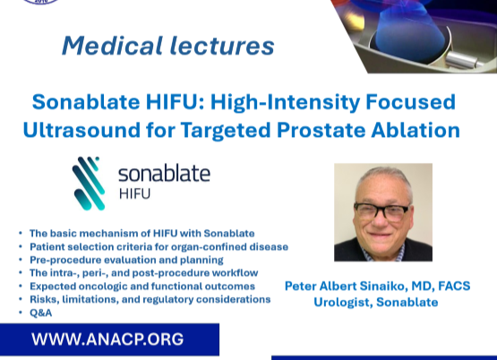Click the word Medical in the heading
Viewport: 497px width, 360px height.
coord(113,46)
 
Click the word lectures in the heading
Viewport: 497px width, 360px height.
coord(222,46)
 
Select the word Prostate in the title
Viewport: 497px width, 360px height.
coord(321,130)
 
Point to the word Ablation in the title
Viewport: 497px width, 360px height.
coord(416,130)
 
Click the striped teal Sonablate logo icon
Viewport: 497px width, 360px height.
coord(89,184)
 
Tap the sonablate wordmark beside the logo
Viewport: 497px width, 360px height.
coord(164,174)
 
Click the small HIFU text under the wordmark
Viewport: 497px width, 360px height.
coord(134,193)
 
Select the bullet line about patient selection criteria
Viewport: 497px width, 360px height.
coord(159,247)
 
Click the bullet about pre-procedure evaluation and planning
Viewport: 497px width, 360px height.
coord(126,260)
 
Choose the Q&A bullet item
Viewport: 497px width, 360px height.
coord(40,313)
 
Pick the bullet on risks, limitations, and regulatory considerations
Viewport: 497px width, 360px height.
coord(150,299)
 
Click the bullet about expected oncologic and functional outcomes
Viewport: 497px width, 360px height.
coord(142,287)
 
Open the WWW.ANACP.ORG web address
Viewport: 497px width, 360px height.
coord(107,339)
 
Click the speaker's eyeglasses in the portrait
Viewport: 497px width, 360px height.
coord(381,211)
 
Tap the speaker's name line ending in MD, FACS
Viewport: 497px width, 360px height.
coord(378,287)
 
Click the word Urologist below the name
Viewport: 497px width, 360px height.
coord(343,303)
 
